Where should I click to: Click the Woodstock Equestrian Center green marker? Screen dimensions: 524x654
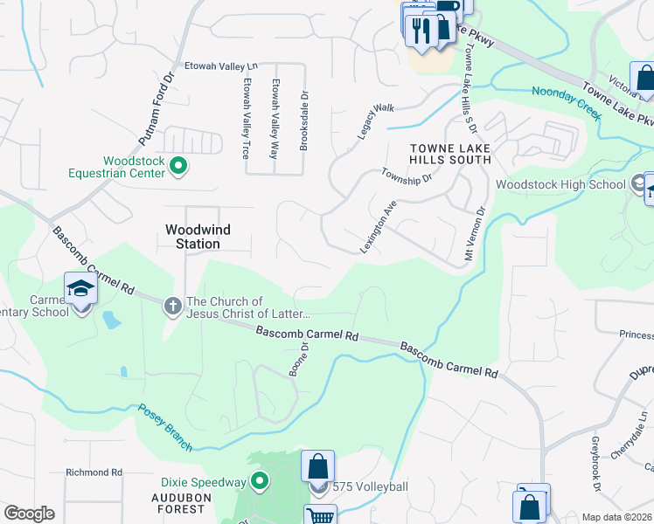pos(178,164)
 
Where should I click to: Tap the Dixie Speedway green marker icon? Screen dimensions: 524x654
pos(260,481)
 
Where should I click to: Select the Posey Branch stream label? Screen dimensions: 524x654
pos(163,427)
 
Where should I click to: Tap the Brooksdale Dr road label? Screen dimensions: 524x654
pos(303,122)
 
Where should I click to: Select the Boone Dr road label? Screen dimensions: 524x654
pos(299,359)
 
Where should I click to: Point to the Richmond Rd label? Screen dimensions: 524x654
pos(94,472)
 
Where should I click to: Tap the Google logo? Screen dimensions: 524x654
pos(29,514)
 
